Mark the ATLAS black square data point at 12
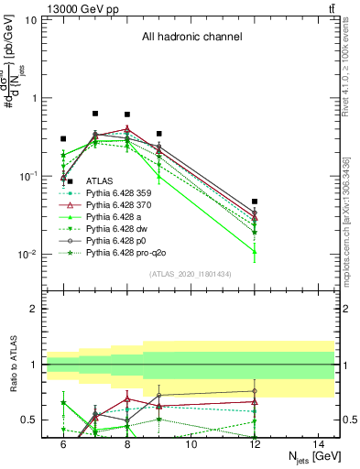256,202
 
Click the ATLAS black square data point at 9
159,134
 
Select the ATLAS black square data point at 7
95,114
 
